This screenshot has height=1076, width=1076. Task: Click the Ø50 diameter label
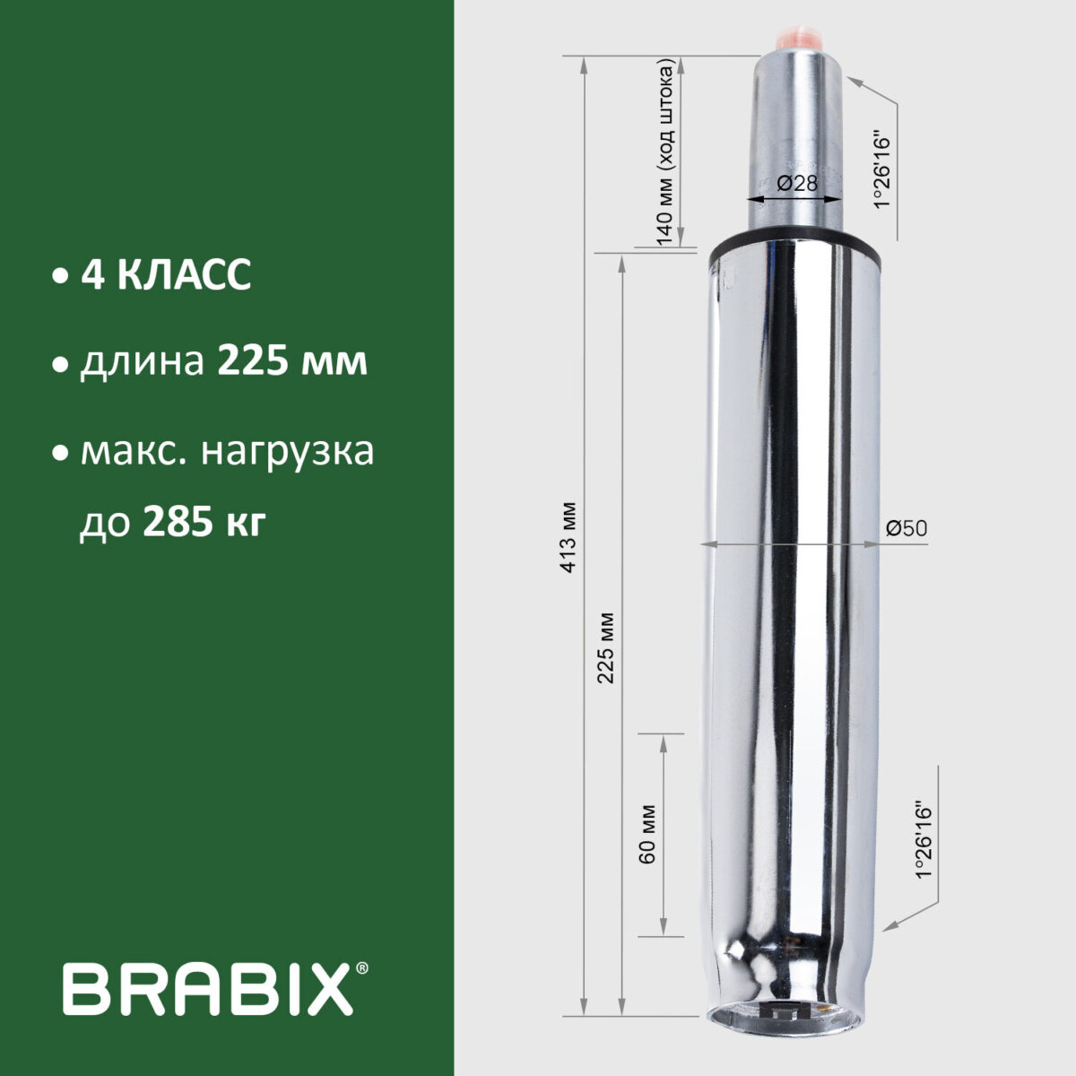tap(906, 529)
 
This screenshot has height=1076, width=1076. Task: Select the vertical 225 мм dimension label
tap(608, 647)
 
